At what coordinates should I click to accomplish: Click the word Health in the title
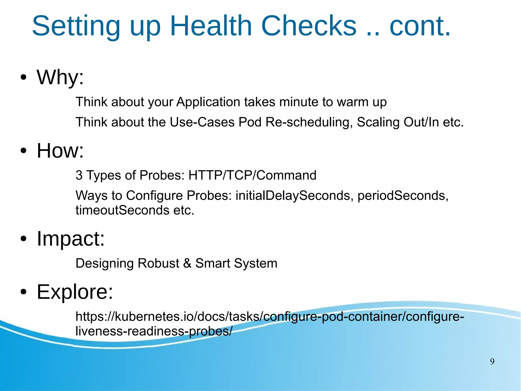(211, 26)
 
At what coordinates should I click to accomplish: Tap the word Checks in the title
(309, 26)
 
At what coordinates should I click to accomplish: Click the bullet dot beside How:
(23, 151)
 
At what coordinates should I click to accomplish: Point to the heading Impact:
(71, 239)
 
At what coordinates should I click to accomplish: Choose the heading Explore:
(75, 292)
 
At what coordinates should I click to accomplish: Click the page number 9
(492, 362)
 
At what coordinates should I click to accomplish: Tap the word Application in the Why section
(208, 102)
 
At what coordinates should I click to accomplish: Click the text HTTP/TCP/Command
(252, 176)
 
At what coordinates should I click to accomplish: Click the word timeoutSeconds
(122, 210)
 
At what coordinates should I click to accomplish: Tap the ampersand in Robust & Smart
(187, 263)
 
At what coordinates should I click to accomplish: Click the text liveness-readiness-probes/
(154, 331)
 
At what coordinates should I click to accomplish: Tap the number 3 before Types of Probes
(79, 176)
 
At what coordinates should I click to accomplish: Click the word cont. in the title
(420, 26)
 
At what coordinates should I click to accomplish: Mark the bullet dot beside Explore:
(23, 292)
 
